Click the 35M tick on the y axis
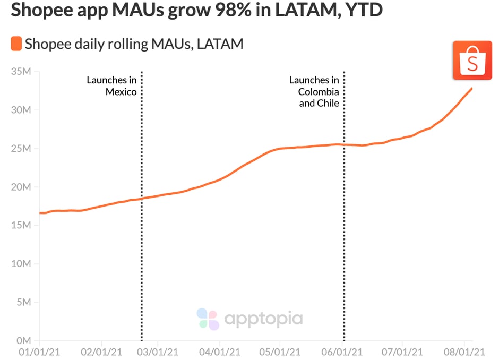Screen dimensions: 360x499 tap(22, 72)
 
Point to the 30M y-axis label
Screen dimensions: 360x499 tap(22, 110)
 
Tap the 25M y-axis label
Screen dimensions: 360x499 tap(22, 149)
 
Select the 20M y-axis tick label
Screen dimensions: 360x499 tap(22, 187)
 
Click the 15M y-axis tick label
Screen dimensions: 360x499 tap(22, 226)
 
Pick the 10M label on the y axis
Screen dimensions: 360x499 tap(22, 264)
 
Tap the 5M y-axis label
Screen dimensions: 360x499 tap(24, 303)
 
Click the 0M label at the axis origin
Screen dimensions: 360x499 tap(24, 341)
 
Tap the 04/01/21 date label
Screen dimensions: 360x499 tap(219, 352)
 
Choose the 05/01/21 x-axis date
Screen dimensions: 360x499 tap(280, 352)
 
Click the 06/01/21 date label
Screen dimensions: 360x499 tap(342, 352)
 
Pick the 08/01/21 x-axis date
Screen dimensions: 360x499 tap(464, 352)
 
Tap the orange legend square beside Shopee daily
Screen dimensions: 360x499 tap(16, 44)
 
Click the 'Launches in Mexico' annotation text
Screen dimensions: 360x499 tap(112, 86)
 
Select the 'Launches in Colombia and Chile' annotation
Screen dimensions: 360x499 tap(314, 91)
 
